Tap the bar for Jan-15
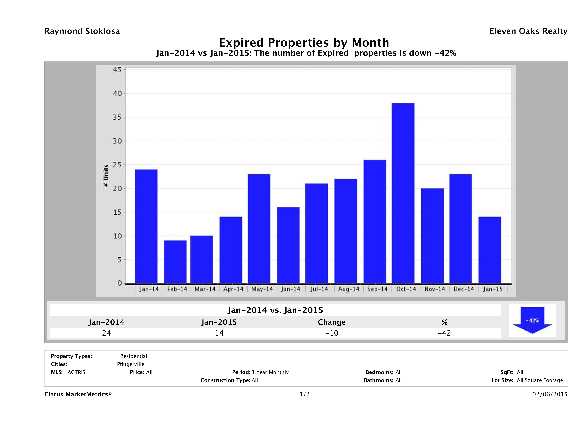(489, 250)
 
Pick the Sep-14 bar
(375, 221)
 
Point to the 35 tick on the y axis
(117, 117)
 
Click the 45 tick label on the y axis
(117, 70)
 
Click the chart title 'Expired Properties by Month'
(304, 42)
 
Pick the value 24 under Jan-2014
(106, 333)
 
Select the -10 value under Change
(332, 333)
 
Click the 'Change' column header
(332, 322)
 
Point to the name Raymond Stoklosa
(82, 31)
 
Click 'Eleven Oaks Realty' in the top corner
(528, 31)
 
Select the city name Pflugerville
(130, 364)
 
